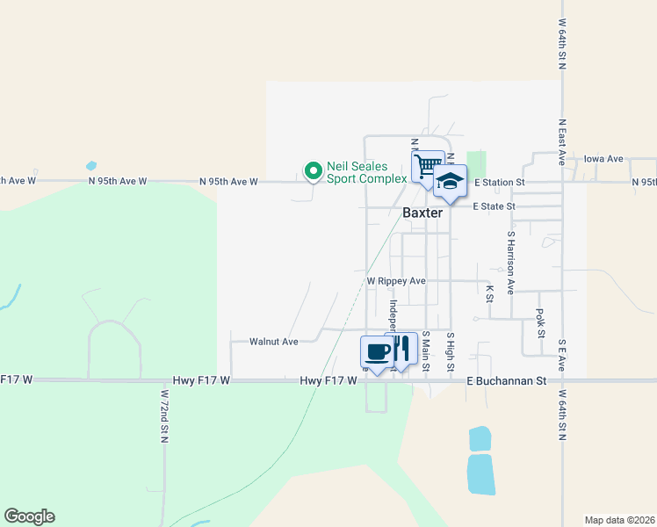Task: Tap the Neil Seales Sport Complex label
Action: point(366,171)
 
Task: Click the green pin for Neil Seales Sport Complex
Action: point(312,170)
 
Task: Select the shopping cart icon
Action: point(428,166)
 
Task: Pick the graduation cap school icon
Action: point(450,181)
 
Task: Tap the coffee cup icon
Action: point(378,352)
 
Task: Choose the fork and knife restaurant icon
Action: point(401,349)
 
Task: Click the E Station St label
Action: point(499,182)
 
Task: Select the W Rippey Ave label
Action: point(396,281)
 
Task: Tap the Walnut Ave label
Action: point(274,341)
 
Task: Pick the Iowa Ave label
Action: point(603,159)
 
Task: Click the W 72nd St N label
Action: point(163,416)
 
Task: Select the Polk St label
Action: point(540,322)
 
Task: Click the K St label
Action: point(489,292)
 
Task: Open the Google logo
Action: point(29,516)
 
